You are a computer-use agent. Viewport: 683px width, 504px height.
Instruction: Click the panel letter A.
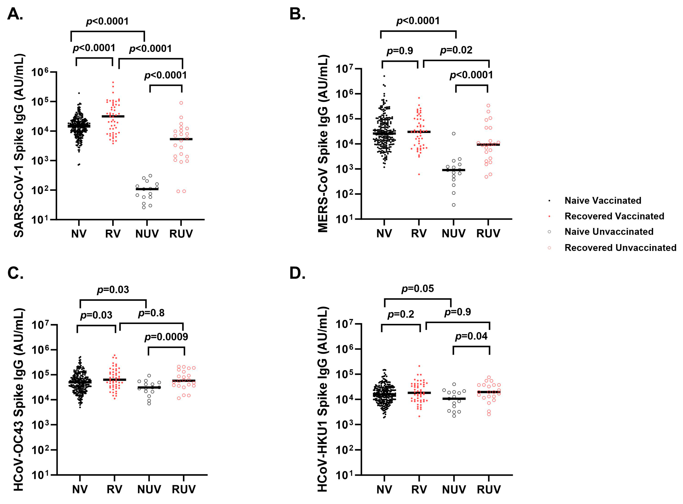point(15,14)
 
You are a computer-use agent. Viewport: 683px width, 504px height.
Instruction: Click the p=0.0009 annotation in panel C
point(166,337)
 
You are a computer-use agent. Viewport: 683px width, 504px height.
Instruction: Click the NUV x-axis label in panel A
point(147,234)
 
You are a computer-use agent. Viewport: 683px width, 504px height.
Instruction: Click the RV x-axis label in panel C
point(114,489)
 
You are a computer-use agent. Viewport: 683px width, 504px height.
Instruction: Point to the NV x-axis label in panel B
point(384,234)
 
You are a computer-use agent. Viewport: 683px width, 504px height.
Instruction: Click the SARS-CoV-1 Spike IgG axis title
point(19,146)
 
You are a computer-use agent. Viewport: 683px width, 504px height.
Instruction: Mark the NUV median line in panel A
point(147,189)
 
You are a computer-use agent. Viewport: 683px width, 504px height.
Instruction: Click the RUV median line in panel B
point(488,145)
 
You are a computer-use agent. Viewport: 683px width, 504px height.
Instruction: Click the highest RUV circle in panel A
point(181,103)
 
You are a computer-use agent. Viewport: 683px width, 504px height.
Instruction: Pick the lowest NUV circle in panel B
point(454,205)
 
